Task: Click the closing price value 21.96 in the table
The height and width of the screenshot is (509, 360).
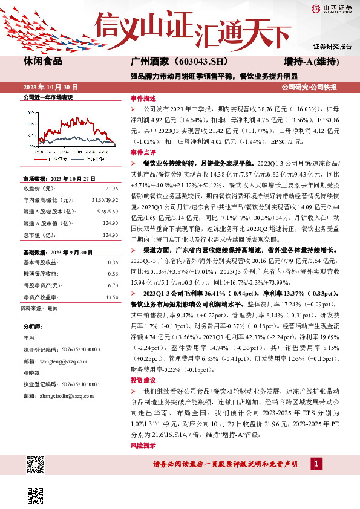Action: click(111, 189)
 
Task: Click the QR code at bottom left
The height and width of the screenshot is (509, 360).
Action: click(37, 466)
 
